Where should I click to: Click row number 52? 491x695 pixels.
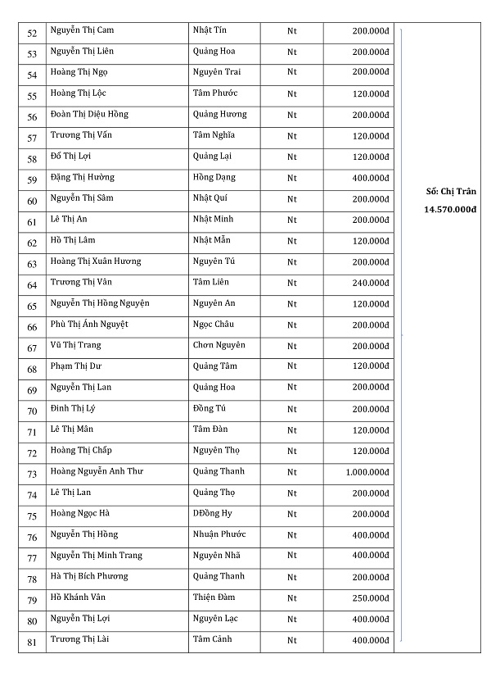click(32, 33)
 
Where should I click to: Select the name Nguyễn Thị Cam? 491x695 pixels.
click(82, 30)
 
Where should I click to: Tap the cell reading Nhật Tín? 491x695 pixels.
click(209, 30)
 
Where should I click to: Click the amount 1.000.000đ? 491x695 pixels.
click(367, 472)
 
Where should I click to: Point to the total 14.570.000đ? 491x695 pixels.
click(450, 210)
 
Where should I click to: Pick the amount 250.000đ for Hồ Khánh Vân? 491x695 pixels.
click(371, 598)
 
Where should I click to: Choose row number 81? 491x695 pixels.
click(32, 642)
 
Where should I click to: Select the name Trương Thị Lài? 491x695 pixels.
click(82, 639)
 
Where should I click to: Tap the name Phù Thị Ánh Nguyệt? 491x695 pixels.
click(89, 325)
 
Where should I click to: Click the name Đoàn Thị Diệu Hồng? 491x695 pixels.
click(89, 115)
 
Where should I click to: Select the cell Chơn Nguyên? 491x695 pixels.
click(218, 345)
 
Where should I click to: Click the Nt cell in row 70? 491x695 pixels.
click(292, 409)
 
